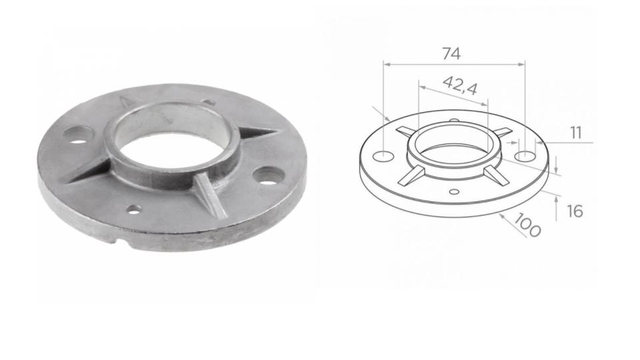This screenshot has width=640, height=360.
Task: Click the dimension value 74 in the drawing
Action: pyautogui.click(x=451, y=54)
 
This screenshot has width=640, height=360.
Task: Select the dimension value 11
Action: pyautogui.click(x=575, y=133)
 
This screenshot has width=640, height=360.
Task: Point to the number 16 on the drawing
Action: pyautogui.click(x=575, y=211)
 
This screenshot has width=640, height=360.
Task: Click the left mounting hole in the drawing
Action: pyautogui.click(x=382, y=156)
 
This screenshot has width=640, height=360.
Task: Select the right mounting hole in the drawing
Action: pyautogui.click(x=525, y=155)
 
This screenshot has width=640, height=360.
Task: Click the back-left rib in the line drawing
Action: pyautogui.click(x=405, y=131)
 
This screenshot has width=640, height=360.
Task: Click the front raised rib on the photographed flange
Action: pyautogui.click(x=212, y=195)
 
